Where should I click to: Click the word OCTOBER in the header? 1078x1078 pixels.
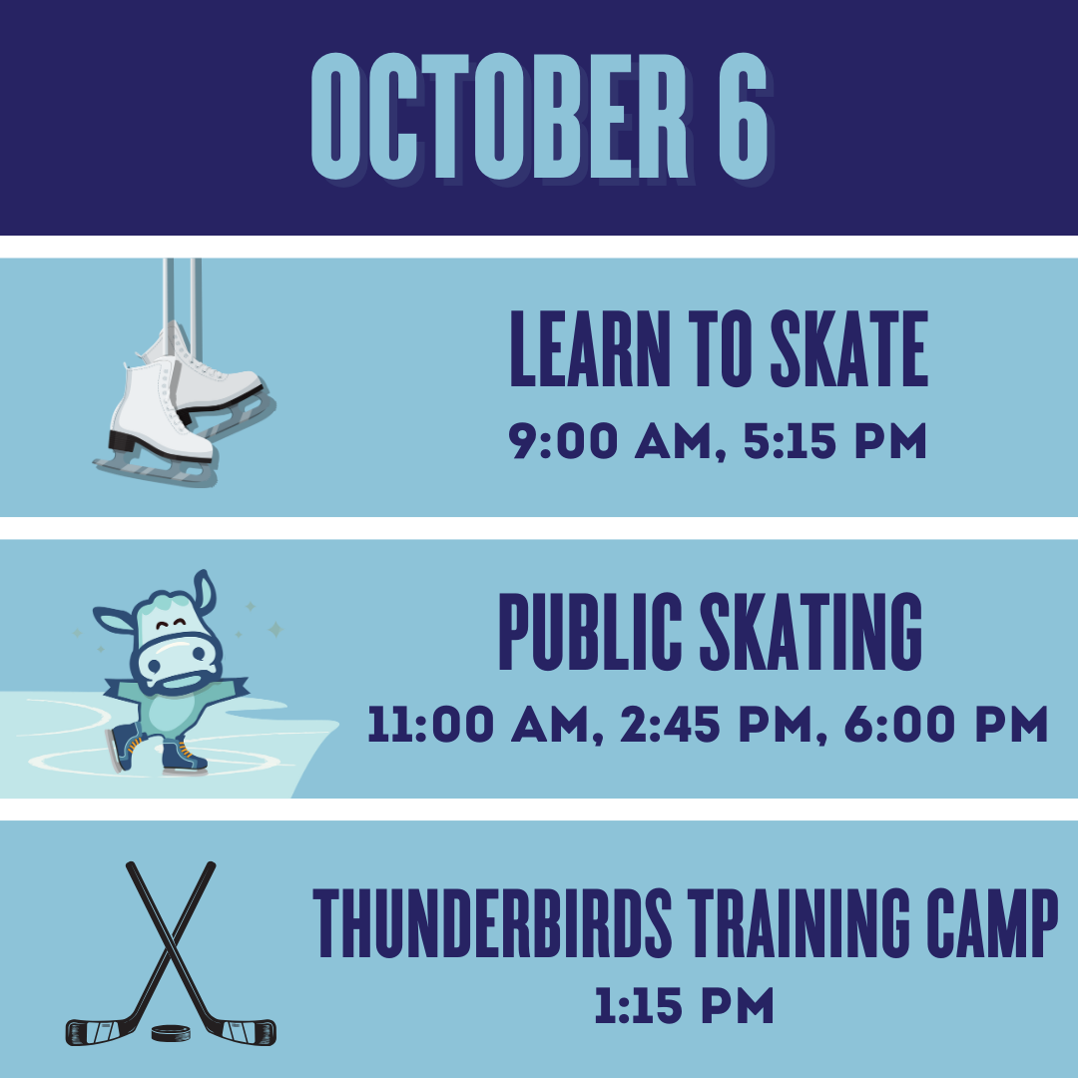500,116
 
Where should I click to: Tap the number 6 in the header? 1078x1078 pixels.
744,116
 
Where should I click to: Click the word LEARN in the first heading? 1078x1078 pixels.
590,348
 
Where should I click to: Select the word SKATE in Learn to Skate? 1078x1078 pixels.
849,348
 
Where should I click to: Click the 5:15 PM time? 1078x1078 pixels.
835,441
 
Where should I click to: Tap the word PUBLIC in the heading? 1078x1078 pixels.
591,631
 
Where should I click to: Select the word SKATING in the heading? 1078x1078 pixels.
811,631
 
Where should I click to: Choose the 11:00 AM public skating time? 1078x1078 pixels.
479,725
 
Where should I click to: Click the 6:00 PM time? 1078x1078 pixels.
946,724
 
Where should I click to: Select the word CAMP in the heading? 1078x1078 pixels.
992,922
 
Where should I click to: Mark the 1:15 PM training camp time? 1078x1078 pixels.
684,1006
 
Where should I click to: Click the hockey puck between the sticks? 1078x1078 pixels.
171,1032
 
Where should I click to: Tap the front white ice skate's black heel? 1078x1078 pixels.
122,441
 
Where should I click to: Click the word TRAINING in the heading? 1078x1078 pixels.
799,922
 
